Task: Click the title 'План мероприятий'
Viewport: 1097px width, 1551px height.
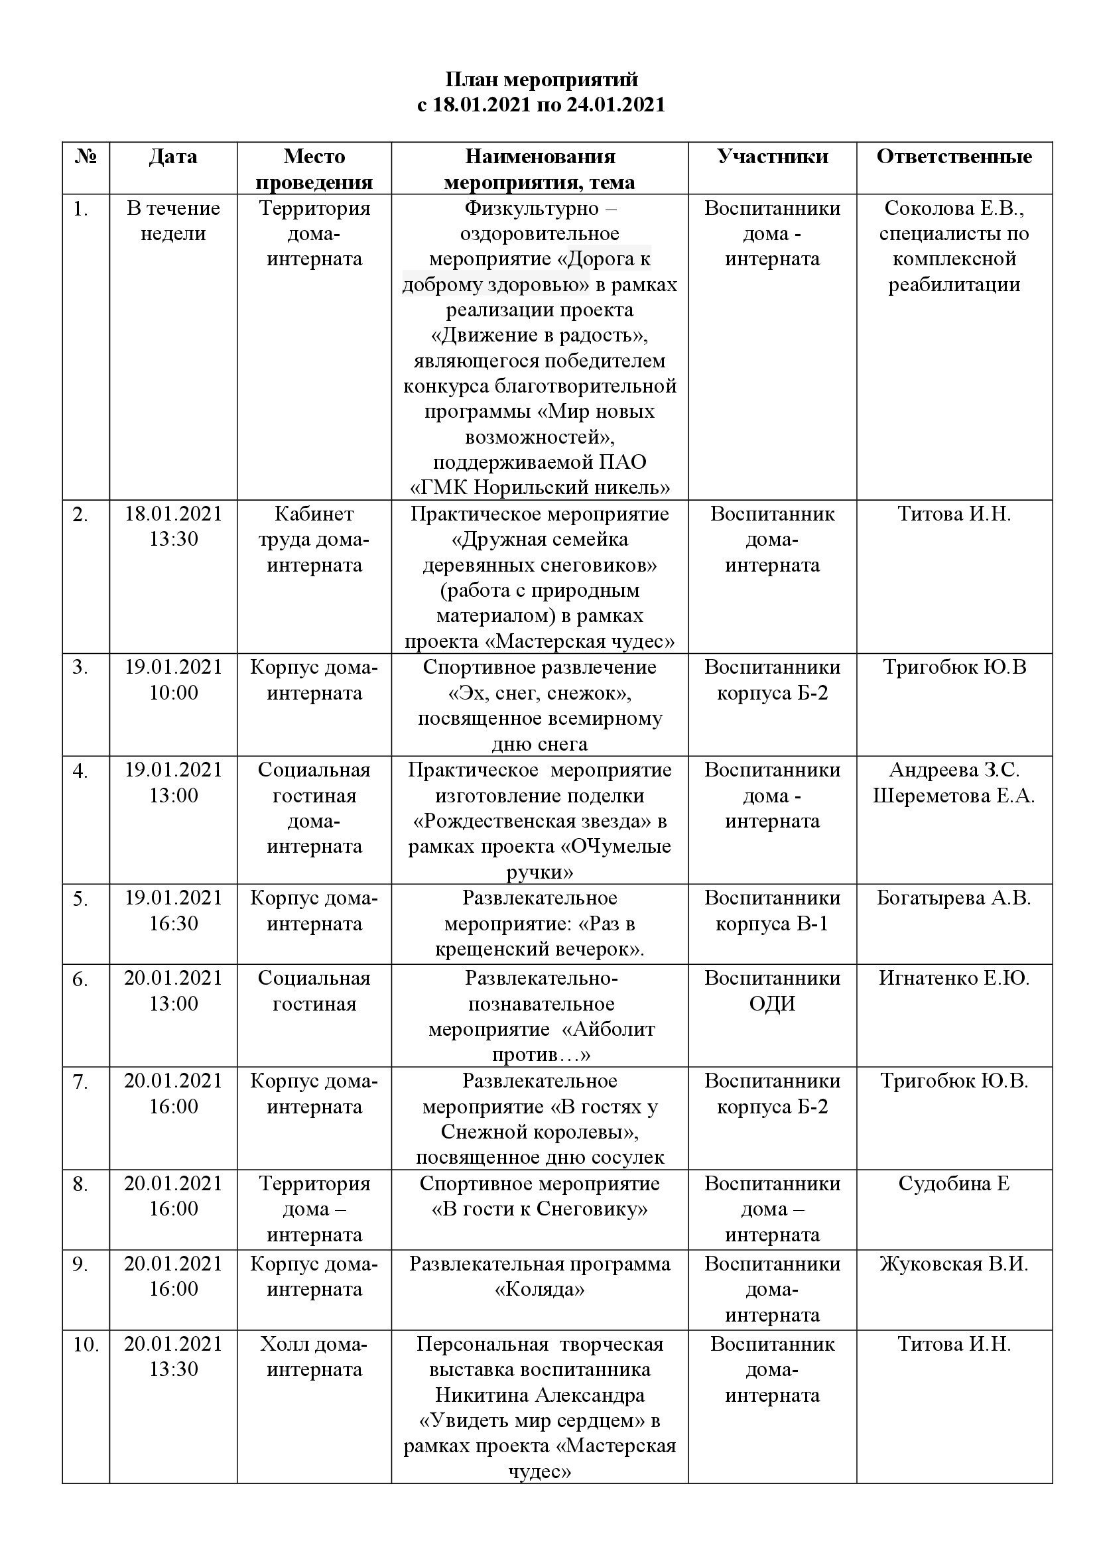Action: [541, 80]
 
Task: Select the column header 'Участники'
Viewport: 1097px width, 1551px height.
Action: [772, 156]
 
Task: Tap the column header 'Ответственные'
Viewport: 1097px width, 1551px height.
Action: [954, 156]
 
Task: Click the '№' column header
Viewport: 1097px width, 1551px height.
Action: [86, 156]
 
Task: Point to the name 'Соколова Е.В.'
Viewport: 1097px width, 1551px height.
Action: [953, 208]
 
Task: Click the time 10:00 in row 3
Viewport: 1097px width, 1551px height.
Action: [174, 692]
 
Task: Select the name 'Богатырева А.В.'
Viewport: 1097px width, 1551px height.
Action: [954, 898]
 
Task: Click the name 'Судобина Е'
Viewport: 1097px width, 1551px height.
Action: [954, 1184]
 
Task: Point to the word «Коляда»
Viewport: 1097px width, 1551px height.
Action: [540, 1290]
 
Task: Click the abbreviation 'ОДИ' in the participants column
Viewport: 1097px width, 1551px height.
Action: [772, 1004]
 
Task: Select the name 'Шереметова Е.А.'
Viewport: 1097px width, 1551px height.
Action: [954, 796]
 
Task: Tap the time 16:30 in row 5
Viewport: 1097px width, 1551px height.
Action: [174, 924]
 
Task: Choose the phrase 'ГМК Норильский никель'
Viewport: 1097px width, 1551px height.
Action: [541, 487]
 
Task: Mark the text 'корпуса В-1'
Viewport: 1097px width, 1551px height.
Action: [772, 924]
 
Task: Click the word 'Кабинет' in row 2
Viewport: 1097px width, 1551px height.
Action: [314, 514]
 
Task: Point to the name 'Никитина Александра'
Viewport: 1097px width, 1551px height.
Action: [540, 1395]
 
